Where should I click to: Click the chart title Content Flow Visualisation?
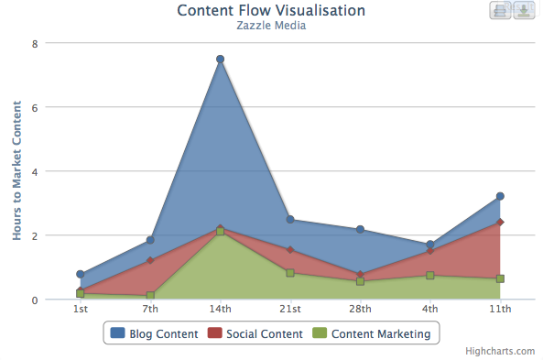271,10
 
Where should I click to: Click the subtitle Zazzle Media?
271,26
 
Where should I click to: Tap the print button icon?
500,10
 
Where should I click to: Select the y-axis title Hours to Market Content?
16,171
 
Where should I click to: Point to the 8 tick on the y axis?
34,43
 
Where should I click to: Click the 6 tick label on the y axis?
34,107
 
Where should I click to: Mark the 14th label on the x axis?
221,309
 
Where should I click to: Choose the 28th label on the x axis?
361,309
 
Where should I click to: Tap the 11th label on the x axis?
500,309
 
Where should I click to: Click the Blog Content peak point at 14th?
221,60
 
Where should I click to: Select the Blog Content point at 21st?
290,220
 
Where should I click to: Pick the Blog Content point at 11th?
500,196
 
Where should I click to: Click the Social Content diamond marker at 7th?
150,261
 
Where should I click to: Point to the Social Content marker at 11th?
500,222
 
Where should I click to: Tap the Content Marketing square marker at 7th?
150,296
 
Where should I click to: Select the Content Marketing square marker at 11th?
500,278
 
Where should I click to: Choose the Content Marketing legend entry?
373,333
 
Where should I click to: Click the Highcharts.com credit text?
500,351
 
